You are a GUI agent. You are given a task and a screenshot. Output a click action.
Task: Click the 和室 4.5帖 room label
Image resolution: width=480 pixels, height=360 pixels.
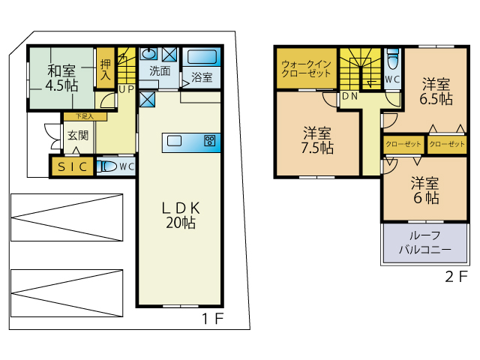61,78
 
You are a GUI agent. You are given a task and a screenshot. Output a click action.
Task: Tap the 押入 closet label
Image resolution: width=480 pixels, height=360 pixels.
105,70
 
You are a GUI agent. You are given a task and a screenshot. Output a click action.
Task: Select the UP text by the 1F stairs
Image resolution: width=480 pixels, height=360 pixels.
127,89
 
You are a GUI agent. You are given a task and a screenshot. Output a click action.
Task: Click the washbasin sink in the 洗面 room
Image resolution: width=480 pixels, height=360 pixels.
148,54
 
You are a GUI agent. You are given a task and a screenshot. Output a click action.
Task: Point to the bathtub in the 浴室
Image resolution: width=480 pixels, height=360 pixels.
202,57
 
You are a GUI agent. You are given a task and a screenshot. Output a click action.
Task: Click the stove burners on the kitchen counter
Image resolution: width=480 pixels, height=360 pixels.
210,141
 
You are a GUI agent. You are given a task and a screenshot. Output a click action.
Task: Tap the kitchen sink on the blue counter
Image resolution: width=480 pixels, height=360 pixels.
174,141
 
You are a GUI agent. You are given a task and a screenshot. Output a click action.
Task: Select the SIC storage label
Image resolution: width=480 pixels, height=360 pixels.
73,166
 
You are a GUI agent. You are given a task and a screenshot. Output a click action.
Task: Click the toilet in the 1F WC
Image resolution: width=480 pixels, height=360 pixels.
106,166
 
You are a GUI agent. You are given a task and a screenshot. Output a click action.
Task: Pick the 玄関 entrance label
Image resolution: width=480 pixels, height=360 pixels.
78,135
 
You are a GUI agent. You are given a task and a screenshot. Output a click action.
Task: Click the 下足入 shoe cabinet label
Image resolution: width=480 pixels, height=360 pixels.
85,116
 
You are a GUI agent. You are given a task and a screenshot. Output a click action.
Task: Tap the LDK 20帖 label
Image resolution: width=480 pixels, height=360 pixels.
181,215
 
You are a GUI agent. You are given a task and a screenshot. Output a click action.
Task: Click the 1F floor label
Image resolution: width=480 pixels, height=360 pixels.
213,319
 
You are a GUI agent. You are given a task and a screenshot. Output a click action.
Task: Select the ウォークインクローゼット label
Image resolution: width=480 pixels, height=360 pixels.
306,69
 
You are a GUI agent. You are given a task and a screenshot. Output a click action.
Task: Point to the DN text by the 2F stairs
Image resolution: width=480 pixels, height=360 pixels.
350,96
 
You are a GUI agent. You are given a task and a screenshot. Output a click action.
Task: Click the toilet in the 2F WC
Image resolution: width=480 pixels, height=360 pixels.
393,59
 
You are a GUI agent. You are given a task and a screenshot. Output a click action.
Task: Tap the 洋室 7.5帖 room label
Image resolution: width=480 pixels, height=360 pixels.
317,140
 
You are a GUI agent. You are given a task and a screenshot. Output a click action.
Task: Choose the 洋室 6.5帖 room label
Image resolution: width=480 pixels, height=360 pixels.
436,91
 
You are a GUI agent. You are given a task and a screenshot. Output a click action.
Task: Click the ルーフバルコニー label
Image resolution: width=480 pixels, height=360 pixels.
425,242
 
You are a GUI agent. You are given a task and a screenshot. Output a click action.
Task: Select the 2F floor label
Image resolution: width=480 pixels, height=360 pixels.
457,277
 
